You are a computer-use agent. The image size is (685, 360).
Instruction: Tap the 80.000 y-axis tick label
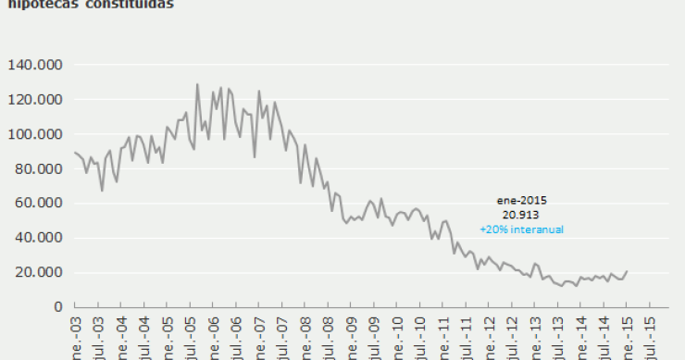point(37,168)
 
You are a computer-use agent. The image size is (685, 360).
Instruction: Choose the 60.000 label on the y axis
point(37,203)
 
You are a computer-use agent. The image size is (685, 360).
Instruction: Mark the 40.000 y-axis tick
point(37,238)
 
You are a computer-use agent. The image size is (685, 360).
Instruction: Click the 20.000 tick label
point(37,272)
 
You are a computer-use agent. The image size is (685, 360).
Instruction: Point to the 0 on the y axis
point(57,306)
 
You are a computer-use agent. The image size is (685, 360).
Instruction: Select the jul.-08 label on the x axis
point(328,341)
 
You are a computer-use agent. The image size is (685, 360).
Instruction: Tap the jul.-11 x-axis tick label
point(466,341)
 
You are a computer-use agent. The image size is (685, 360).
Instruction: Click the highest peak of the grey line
point(197,84)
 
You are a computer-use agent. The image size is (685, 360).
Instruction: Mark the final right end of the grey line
point(627,271)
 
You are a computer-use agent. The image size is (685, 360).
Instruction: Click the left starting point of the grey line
point(74,153)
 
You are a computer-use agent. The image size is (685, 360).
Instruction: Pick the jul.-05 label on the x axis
point(190,341)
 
